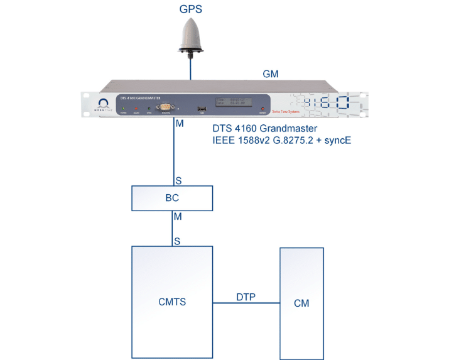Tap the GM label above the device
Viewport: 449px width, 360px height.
[x=271, y=74]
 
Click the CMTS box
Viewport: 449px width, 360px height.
[x=172, y=302]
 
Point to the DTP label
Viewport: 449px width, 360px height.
[x=246, y=296]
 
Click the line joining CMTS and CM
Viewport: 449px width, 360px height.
[x=246, y=303]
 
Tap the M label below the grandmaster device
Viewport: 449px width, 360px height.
[x=180, y=124]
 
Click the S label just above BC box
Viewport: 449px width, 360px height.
[x=179, y=180]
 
